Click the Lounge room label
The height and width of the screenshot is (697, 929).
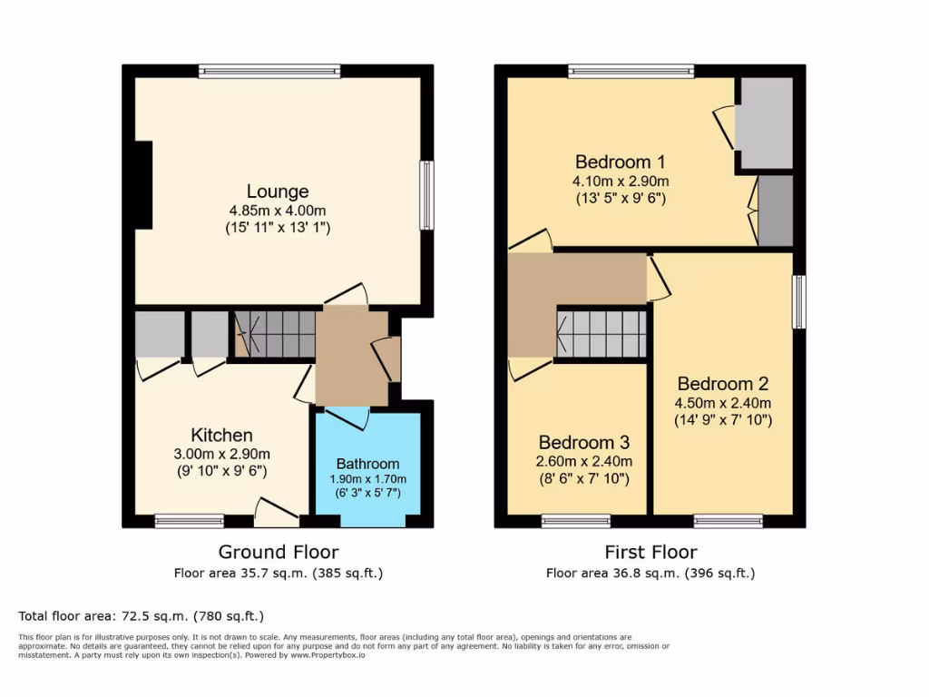(278, 191)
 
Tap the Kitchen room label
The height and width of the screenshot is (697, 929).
(221, 435)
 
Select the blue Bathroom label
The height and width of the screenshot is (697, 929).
(367, 463)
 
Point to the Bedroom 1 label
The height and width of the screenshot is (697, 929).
(621, 162)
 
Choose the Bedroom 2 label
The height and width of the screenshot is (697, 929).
(715, 384)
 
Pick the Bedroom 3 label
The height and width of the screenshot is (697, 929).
(583, 443)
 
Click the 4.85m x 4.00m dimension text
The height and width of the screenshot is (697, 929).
(278, 211)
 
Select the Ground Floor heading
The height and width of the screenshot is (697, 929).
(279, 552)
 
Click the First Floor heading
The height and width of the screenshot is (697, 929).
(650, 552)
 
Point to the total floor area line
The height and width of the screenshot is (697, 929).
(141, 615)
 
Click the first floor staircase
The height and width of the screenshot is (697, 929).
(601, 334)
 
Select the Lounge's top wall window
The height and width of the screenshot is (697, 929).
(269, 71)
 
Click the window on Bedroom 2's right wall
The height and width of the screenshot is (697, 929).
(798, 301)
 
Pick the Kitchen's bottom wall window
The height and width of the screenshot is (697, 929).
(189, 521)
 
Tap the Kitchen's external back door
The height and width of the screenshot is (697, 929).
(276, 513)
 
